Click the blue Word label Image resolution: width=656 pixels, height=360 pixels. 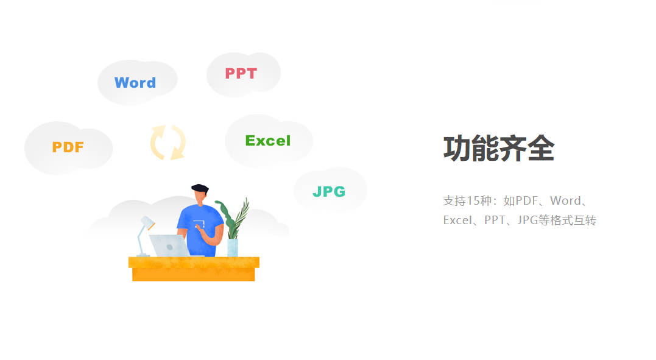pyautogui.click(x=135, y=82)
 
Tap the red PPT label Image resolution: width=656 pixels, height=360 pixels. pyautogui.click(x=241, y=73)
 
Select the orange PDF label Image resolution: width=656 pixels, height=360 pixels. pyautogui.click(x=68, y=147)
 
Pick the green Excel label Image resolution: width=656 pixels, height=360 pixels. pyautogui.click(x=268, y=140)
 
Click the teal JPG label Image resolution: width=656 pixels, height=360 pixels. pyautogui.click(x=329, y=191)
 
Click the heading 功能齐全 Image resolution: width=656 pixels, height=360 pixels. pyautogui.click(x=499, y=148)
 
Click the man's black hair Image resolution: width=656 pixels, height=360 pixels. pyautogui.click(x=200, y=188)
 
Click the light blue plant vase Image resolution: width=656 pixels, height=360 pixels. pyautogui.click(x=233, y=247)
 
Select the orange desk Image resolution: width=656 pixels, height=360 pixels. pyautogui.click(x=194, y=269)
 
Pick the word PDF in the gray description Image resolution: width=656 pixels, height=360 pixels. pyautogui.click(x=527, y=200)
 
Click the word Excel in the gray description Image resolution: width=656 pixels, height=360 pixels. pyautogui.click(x=457, y=220)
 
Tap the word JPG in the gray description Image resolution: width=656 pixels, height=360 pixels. pyautogui.click(x=527, y=220)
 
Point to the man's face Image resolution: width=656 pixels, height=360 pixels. pyautogui.click(x=200, y=197)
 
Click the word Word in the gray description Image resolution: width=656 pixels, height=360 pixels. pyautogui.click(x=565, y=200)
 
